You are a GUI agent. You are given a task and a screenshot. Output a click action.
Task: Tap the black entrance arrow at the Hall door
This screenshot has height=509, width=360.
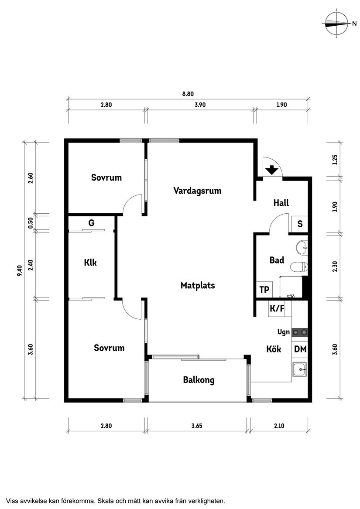point(272,170)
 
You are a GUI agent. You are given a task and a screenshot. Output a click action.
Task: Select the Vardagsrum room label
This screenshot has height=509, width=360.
point(197,191)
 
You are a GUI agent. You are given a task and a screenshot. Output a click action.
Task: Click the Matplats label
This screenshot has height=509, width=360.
point(198,285)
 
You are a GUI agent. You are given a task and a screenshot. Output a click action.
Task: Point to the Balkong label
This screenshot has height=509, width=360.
point(199,380)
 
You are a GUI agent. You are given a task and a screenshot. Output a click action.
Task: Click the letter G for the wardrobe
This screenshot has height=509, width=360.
point(91,223)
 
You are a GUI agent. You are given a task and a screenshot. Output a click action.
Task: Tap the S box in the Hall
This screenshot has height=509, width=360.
point(300,224)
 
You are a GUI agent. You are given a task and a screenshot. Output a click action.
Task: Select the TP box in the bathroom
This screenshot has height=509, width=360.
point(264,290)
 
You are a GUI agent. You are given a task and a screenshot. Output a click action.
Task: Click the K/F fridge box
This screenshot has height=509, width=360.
point(277,309)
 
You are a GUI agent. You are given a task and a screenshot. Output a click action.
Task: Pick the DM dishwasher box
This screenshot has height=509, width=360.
point(300,349)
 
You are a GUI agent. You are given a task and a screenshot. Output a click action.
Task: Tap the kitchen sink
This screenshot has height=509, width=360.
point(300,370)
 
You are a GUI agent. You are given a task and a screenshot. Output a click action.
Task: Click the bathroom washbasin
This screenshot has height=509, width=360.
point(302,248)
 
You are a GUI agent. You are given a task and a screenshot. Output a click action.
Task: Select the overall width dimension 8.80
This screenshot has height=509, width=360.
point(187,93)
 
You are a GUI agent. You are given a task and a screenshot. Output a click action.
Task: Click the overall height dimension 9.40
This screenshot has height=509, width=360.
point(19,270)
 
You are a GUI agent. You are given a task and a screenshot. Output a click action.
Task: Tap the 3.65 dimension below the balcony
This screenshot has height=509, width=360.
point(199,426)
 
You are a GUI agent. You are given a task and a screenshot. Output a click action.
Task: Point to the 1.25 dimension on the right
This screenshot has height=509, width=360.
point(335,160)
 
